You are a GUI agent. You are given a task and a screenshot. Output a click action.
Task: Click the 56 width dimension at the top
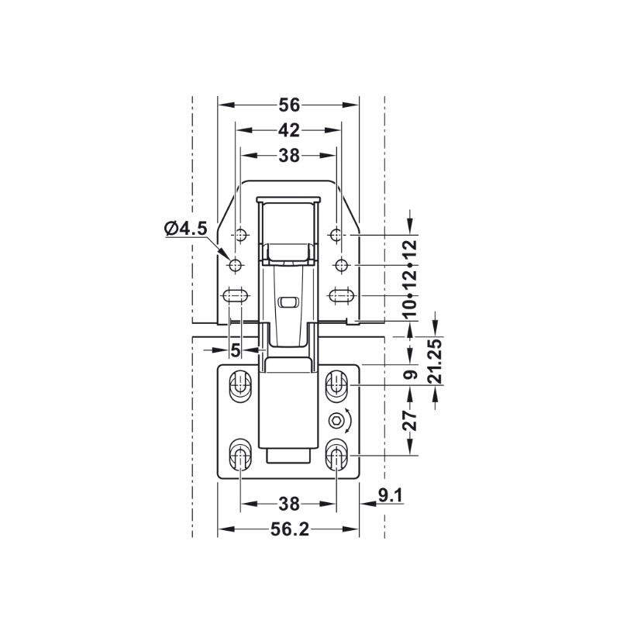click(x=289, y=105)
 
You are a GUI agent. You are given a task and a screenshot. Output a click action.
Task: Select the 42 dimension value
click(x=289, y=130)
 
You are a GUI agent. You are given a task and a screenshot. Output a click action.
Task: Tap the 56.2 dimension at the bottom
click(x=289, y=529)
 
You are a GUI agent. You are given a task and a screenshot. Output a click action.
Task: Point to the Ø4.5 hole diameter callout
click(x=185, y=229)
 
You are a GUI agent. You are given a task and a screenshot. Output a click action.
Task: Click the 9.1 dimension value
click(x=391, y=495)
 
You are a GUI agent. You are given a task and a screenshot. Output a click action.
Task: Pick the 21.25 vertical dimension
click(x=436, y=361)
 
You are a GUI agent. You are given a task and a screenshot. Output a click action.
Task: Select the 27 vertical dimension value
click(x=410, y=420)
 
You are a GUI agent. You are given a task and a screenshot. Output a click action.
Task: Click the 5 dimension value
click(x=236, y=350)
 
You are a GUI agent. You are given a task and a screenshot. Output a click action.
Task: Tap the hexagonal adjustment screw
click(x=336, y=421)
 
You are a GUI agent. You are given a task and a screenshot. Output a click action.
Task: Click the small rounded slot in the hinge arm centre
click(x=288, y=303)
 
